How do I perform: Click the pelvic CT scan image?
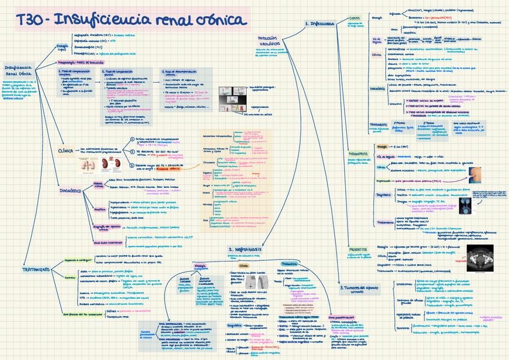click(478, 253)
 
